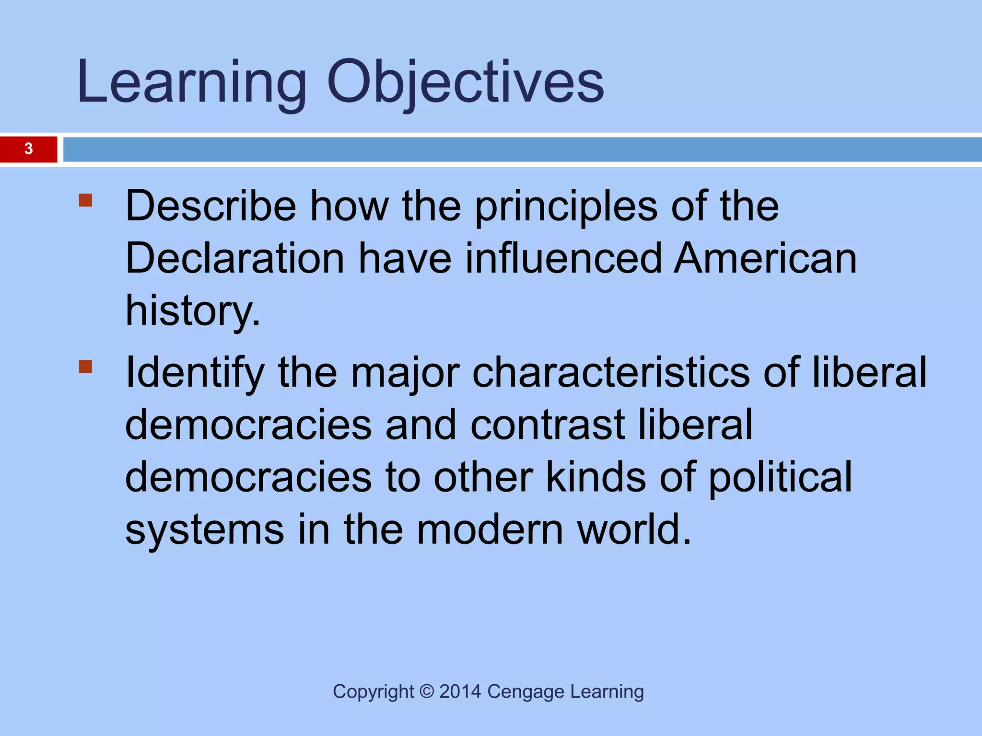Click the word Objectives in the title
(x=465, y=82)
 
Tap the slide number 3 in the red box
(x=29, y=149)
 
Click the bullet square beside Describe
(x=85, y=200)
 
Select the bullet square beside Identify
(x=85, y=367)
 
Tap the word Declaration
(x=235, y=259)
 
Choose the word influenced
(x=563, y=259)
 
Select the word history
(x=192, y=311)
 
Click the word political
(x=780, y=478)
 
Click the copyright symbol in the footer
(x=426, y=692)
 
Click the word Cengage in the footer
(x=526, y=692)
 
